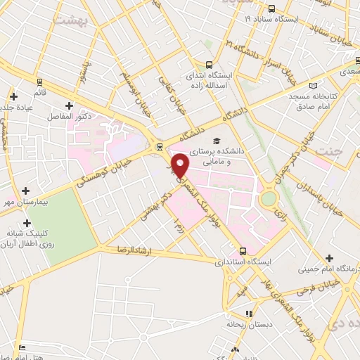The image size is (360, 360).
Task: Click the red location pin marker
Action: pos(181,166)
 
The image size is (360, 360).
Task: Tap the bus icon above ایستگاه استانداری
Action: pos(243,250)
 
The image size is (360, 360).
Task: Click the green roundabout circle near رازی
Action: pos(268,198)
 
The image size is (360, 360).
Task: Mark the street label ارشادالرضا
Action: pos(121,249)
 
